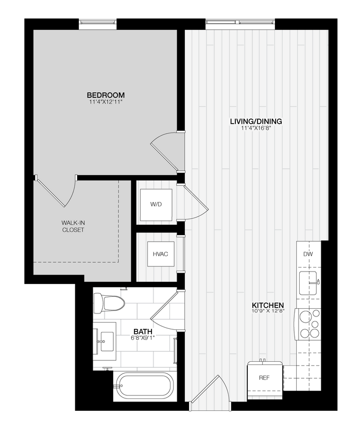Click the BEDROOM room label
coord(106,95)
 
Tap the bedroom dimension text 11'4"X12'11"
coord(106,102)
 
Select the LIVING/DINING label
coord(256,122)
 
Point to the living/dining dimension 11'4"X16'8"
coord(256,128)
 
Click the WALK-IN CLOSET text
coord(73,226)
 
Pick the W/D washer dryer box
coord(156,205)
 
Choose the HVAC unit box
coord(160,254)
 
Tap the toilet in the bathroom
coord(109,303)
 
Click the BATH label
coord(143,331)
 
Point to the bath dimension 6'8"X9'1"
coord(143,338)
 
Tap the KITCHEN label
coord(267,305)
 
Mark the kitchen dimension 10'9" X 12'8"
coord(267,311)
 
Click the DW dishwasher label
coord(308,255)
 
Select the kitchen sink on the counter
coord(308,283)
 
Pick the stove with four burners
coord(308,324)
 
